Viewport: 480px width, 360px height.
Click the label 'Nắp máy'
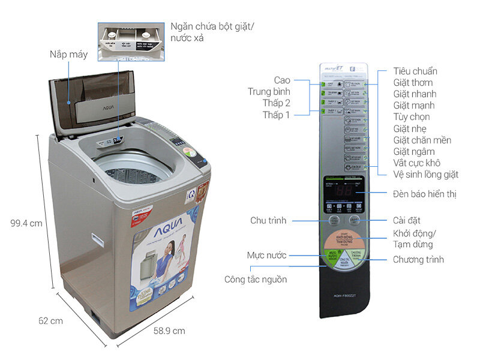pos(69,55)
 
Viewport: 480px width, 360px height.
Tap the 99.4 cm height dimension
pos(26,223)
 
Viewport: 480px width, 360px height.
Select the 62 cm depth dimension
pos(50,320)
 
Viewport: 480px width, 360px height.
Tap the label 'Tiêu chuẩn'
pos(415,71)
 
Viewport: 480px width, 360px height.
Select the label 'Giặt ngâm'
pos(413,151)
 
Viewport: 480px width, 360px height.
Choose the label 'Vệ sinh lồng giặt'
pos(425,175)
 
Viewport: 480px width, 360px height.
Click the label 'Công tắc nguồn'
pos(256,279)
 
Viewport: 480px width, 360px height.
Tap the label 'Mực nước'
pos(266,256)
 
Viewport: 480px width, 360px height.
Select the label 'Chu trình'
pos(269,221)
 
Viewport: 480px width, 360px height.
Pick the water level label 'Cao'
pos(282,80)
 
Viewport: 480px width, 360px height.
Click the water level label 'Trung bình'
pos(269,92)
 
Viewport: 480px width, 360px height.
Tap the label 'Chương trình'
pos(418,259)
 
